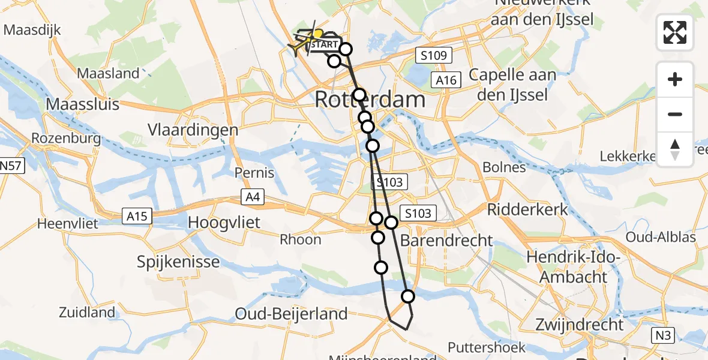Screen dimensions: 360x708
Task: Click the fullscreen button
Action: (675, 32)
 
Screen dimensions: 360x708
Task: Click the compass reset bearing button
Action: (675, 149)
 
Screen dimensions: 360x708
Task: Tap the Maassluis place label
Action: (83, 103)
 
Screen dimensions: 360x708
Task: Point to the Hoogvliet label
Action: (224, 223)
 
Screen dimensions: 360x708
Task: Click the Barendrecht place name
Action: (446, 241)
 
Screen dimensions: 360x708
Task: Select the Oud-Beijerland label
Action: (292, 313)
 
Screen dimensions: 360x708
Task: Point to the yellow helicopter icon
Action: (298, 46)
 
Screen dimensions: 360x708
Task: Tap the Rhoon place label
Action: (301, 239)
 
